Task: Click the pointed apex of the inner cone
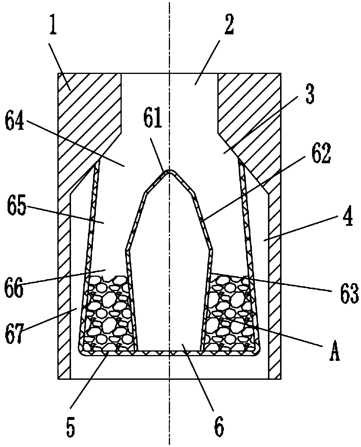pos(169,171)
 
